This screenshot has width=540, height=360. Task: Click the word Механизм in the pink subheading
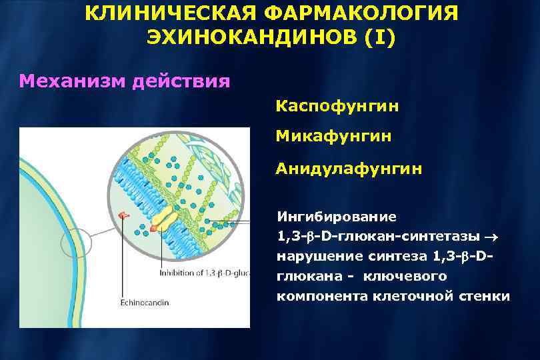tap(73, 82)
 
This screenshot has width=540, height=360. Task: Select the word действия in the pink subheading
tap(181, 82)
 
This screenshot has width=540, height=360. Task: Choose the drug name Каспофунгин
tap(337, 106)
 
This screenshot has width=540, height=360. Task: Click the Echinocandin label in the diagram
tap(144, 302)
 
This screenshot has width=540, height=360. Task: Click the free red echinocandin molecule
tap(123, 215)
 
